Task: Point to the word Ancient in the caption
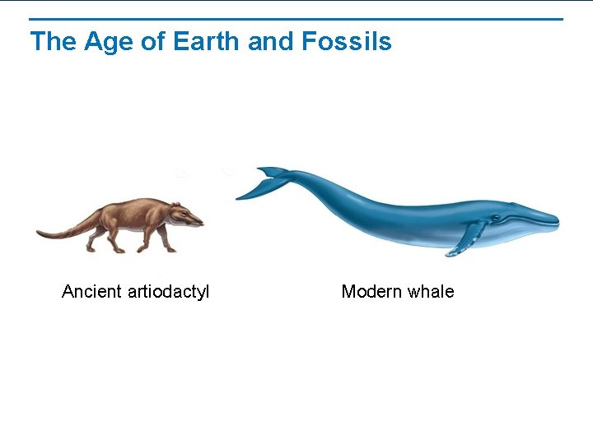(x=91, y=292)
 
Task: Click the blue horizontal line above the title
(x=296, y=19)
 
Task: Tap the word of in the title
(x=153, y=41)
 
